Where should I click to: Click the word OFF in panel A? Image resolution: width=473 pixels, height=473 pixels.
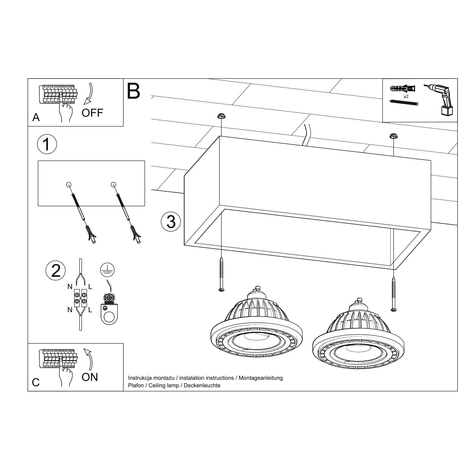click(92, 113)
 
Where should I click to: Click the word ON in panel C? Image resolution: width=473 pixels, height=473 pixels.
click(89, 377)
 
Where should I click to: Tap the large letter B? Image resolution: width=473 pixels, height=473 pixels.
click(134, 91)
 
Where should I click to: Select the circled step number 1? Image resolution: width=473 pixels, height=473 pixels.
click(47, 144)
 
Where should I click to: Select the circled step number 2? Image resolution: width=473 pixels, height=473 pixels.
click(56, 271)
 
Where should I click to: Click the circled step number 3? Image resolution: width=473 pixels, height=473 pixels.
click(171, 222)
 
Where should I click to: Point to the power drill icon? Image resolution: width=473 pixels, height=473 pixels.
click(440, 100)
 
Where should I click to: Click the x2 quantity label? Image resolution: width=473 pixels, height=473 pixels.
click(406, 96)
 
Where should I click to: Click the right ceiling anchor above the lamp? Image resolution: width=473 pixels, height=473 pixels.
click(393, 136)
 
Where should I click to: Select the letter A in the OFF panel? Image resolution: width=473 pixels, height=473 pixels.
click(36, 117)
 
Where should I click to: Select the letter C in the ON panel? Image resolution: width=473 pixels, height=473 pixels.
click(36, 382)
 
